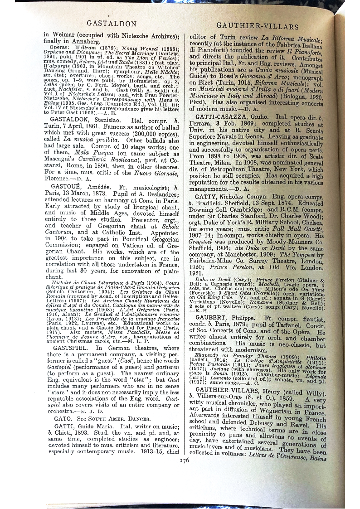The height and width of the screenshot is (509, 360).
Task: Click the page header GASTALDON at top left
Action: click(105, 23)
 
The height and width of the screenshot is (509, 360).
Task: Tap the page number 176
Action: click(184, 460)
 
